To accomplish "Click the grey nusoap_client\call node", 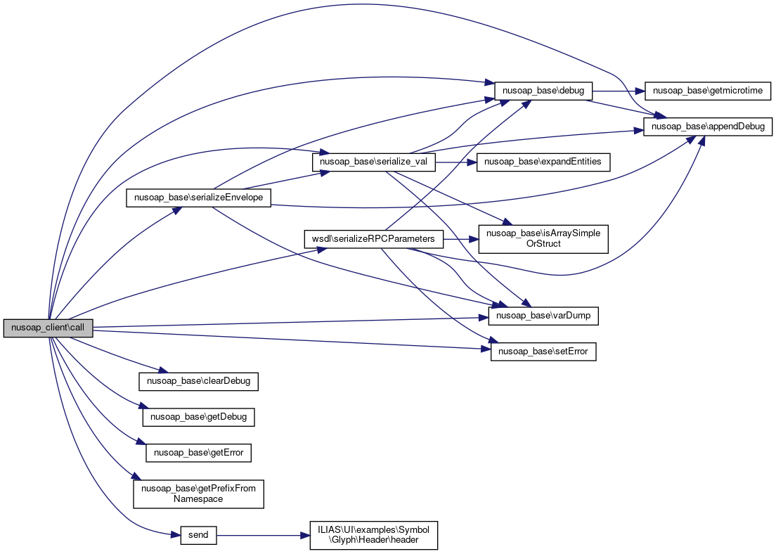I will pos(48,328).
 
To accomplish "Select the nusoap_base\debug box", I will pos(544,91).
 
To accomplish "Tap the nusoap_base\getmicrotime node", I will pos(707,91).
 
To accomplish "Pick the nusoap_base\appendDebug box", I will pos(709,127).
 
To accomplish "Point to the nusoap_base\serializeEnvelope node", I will pos(198,198).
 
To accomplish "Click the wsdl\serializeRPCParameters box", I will pos(373,238).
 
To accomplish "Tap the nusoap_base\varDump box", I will pos(543,316).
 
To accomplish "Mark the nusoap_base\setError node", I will pos(543,352).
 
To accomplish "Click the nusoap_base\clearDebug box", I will pos(198,382).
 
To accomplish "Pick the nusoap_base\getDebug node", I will pos(198,417).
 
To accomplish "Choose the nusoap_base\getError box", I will pos(198,452).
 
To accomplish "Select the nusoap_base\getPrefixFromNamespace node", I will pos(198,493).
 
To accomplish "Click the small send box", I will pos(198,535).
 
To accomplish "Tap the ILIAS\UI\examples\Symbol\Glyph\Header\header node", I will pos(374,535).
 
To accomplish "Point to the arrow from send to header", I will pos(263,535).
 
